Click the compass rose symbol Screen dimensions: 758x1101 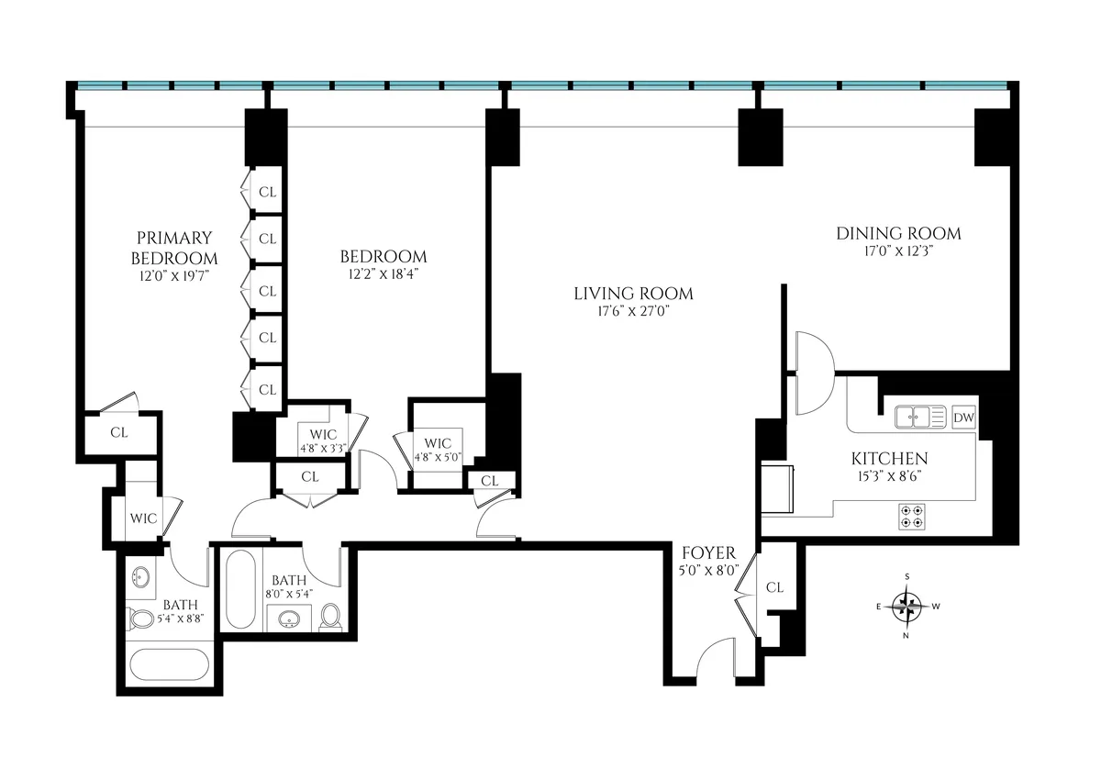tap(907, 604)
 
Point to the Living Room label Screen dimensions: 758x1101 tap(633, 294)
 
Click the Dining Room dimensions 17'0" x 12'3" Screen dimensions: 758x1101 tap(898, 251)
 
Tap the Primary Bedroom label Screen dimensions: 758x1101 tap(174, 248)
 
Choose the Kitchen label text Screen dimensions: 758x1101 tap(889, 459)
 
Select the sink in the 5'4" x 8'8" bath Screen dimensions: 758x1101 tap(140, 578)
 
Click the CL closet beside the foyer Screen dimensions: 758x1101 tap(774, 587)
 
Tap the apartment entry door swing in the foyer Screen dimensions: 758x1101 tap(715, 660)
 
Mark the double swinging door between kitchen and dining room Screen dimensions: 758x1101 tap(812, 372)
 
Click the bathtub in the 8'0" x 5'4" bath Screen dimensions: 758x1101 tap(241, 589)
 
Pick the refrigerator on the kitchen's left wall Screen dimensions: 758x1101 tap(778, 486)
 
